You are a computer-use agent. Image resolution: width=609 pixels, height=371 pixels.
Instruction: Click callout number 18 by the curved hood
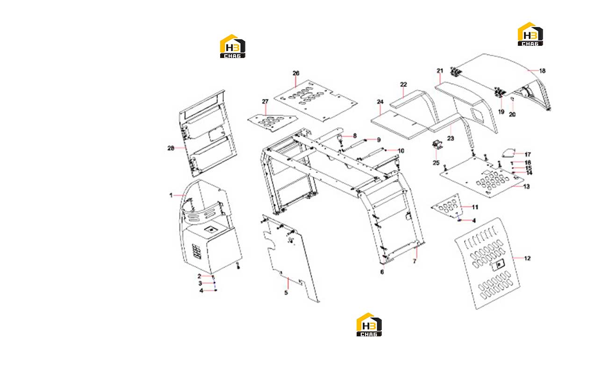542,71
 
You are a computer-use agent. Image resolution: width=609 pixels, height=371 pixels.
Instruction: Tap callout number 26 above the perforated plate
296,73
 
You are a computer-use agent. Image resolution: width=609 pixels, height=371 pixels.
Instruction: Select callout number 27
265,102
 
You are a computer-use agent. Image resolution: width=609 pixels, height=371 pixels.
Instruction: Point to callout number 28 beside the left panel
171,148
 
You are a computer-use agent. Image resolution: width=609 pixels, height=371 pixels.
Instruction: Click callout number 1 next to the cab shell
171,195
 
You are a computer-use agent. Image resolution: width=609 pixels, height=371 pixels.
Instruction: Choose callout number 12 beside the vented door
527,258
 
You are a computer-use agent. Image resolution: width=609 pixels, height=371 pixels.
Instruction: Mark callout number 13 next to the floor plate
526,187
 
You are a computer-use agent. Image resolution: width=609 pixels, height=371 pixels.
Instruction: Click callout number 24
380,102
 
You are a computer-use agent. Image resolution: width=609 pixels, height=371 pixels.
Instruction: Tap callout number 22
403,84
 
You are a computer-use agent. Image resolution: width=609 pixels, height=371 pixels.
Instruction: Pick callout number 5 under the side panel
286,292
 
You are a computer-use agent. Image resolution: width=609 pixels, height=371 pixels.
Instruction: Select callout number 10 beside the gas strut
401,151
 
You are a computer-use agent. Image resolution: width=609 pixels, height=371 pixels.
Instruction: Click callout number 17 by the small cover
528,154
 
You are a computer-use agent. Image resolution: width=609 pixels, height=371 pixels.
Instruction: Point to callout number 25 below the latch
436,163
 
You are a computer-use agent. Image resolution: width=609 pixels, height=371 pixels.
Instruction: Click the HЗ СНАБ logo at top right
530,34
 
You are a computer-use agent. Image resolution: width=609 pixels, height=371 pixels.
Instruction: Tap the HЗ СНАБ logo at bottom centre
369,325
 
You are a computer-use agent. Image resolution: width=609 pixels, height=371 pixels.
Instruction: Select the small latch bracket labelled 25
437,145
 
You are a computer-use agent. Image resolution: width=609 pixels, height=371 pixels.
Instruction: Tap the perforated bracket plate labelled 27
272,123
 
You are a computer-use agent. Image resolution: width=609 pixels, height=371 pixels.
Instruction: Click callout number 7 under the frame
415,262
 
